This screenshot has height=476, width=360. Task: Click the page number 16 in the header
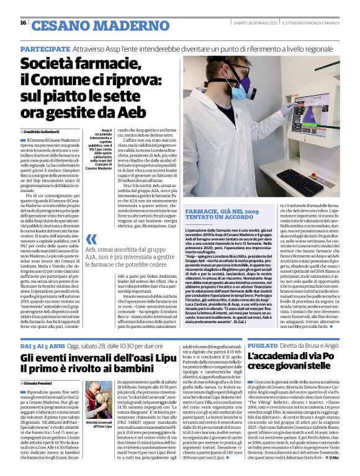[23, 23]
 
